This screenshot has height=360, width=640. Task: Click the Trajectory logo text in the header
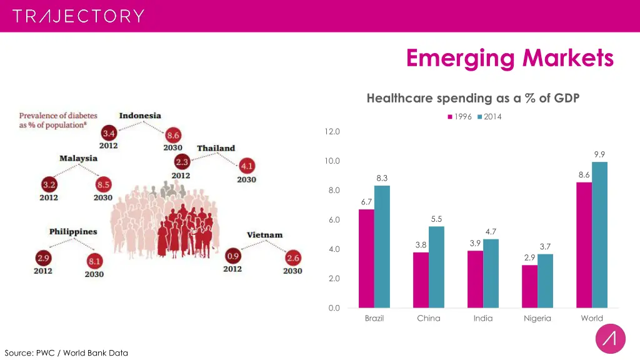78,16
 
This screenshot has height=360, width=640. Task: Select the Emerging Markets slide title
509,58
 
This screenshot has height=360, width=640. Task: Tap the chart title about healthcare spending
473,98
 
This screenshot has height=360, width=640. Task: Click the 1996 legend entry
459,117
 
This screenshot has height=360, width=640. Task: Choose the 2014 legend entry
489,117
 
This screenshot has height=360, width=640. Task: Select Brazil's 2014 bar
382,246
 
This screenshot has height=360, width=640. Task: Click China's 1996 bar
421,279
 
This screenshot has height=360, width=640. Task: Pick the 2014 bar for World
599,234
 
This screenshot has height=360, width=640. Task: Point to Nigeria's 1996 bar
529,286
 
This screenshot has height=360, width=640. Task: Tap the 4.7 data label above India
491,232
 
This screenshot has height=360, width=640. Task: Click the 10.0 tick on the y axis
332,161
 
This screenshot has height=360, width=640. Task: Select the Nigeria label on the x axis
537,318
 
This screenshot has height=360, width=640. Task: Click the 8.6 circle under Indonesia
173,135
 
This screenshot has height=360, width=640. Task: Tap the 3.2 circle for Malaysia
49,185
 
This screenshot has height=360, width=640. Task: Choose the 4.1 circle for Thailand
247,166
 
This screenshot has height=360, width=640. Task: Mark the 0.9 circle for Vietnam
232,256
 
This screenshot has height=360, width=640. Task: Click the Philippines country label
73,232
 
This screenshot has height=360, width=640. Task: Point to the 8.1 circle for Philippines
95,261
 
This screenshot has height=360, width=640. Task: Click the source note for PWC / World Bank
66,352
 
